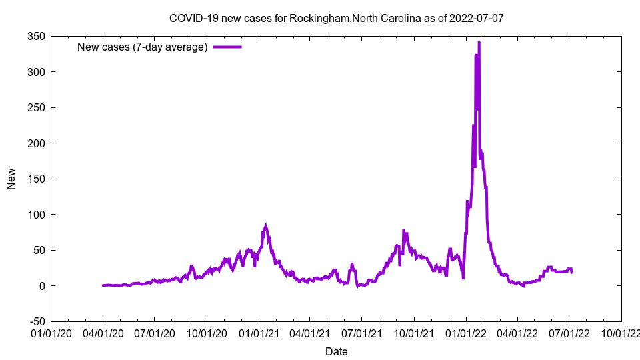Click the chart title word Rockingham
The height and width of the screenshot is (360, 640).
pyautogui.click(x=315, y=18)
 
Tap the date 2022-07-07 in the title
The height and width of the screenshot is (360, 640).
pyautogui.click(x=476, y=18)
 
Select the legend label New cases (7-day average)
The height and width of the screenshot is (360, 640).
pyautogui.click(x=143, y=47)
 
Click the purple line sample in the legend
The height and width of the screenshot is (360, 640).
pyautogui.click(x=227, y=47)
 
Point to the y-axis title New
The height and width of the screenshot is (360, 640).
pyautogui.click(x=11, y=179)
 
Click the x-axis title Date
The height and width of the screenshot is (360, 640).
pyautogui.click(x=336, y=351)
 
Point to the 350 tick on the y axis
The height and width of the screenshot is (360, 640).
pyautogui.click(x=36, y=37)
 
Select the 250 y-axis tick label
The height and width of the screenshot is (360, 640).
pyautogui.click(x=36, y=108)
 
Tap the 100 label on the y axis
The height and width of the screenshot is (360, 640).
pyautogui.click(x=36, y=215)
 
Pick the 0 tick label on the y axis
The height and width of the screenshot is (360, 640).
pyautogui.click(x=42, y=286)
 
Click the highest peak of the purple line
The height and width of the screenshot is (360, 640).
pyautogui.click(x=479, y=43)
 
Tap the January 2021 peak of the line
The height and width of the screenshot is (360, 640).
pyautogui.click(x=266, y=226)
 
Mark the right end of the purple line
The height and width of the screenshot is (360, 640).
pyautogui.click(x=571, y=272)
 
